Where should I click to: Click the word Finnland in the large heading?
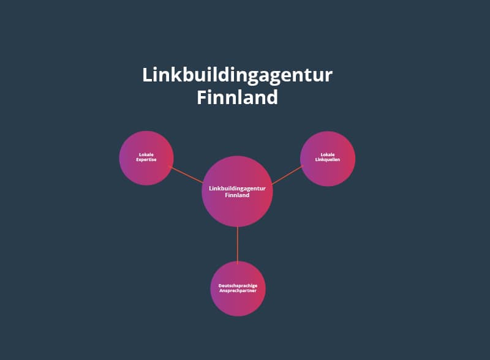[238, 97]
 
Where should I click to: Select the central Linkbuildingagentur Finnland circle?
[237, 192]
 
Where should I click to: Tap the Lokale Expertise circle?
[146, 158]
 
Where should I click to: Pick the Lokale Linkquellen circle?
[328, 159]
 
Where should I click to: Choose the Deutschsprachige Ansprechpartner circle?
[238, 288]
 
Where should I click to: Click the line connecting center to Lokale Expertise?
[186, 174]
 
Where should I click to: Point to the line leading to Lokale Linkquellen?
[287, 175]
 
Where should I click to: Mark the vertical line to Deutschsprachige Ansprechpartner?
[238, 245]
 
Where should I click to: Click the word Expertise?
[146, 160]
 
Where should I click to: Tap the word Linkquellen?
[328, 160]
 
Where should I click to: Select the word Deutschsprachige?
[238, 286]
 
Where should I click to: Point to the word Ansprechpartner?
[238, 291]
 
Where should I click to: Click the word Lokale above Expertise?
[146, 155]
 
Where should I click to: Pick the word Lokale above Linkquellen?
[328, 155]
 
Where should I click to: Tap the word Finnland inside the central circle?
[237, 195]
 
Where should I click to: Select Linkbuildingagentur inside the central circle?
[237, 189]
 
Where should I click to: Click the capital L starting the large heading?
[148, 75]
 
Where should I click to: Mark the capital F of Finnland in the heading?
[202, 97]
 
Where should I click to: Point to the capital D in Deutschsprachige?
[221, 286]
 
